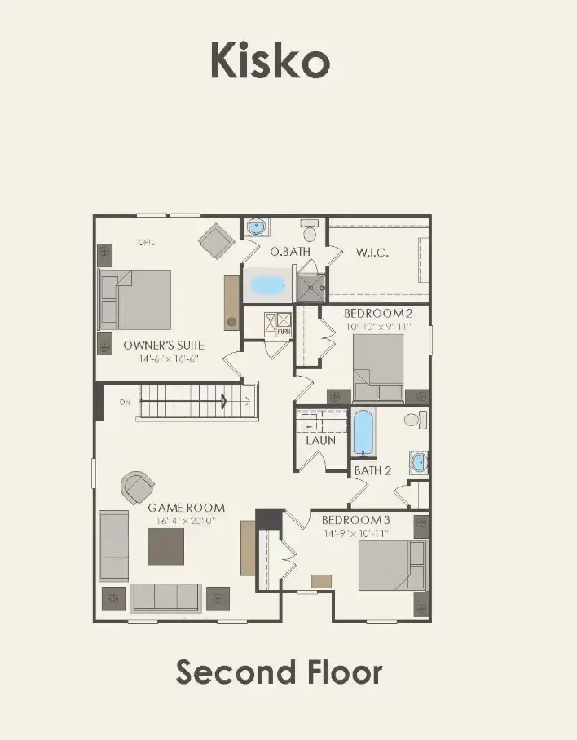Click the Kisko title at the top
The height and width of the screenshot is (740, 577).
click(x=270, y=61)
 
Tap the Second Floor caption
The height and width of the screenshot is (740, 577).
click(x=280, y=672)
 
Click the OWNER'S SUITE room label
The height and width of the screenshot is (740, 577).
click(x=163, y=345)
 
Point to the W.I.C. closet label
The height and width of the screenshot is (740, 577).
click(x=372, y=252)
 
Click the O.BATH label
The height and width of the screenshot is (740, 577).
click(x=291, y=251)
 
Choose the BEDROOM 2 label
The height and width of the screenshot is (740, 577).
click(x=378, y=314)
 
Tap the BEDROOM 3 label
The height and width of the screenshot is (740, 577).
click(x=355, y=520)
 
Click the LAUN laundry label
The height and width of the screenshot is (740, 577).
click(x=320, y=440)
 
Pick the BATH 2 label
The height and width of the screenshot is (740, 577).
click(x=372, y=470)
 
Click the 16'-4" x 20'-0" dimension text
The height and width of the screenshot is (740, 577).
click(x=186, y=520)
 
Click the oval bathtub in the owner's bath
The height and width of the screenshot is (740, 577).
click(x=266, y=284)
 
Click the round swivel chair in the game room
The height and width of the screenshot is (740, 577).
click(x=137, y=487)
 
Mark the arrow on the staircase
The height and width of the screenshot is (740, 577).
click(x=222, y=399)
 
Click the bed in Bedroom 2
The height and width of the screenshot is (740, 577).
click(x=378, y=363)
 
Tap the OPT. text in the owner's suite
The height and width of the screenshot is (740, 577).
click(x=146, y=242)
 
